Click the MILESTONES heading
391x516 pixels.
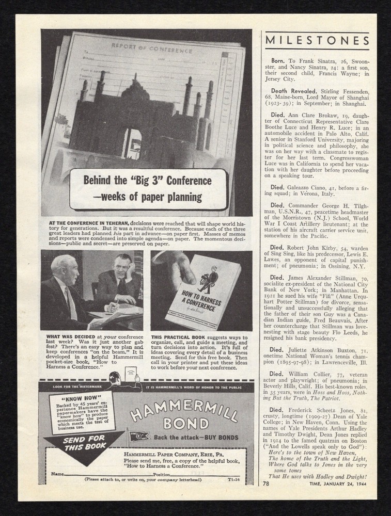[x=317, y=41]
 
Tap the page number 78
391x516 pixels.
[x=265, y=484]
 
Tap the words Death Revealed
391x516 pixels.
[x=293, y=90]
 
